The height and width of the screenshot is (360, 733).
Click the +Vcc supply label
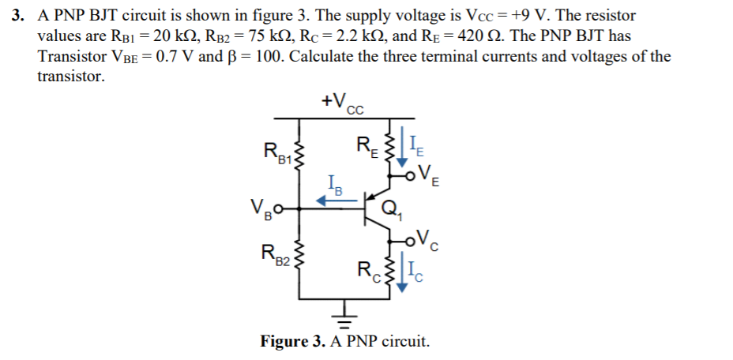pos(342,103)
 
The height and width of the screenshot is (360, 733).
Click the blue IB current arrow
pos(333,202)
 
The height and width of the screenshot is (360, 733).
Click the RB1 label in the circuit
pos(276,151)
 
